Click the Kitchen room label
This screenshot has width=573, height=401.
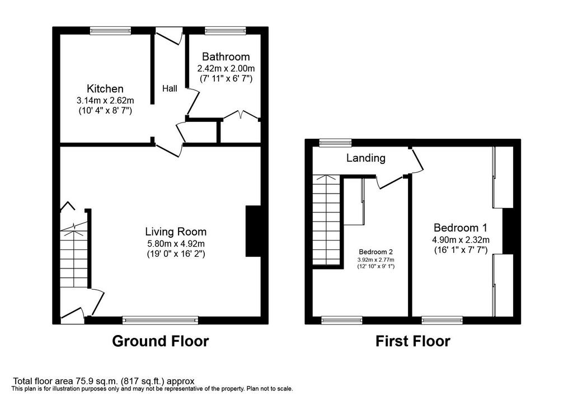pyautogui.click(x=105, y=89)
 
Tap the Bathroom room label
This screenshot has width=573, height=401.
pyautogui.click(x=226, y=56)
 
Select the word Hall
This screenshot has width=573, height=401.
pyautogui.click(x=170, y=88)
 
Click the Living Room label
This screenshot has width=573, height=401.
pyautogui.click(x=176, y=232)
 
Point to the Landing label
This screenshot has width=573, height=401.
pyautogui.click(x=366, y=158)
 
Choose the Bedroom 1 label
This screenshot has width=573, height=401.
pyautogui.click(x=461, y=228)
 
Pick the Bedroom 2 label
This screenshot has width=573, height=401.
pyautogui.click(x=375, y=252)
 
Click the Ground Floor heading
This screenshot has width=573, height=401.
pyautogui.click(x=161, y=341)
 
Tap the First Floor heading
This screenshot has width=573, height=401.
pyautogui.click(x=413, y=341)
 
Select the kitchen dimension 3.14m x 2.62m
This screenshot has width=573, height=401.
pyautogui.click(x=105, y=100)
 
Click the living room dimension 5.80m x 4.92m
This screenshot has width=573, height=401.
pyautogui.click(x=176, y=243)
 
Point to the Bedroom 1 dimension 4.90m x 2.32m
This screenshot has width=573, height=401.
pyautogui.click(x=461, y=240)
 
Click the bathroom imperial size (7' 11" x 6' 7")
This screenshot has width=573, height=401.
pyautogui.click(x=226, y=78)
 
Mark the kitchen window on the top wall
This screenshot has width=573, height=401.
pyautogui.click(x=111, y=31)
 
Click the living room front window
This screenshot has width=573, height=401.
pyautogui.click(x=161, y=320)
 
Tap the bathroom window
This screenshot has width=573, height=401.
pyautogui.click(x=226, y=31)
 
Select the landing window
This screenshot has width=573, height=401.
pyautogui.click(x=335, y=143)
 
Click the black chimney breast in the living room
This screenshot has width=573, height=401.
pyautogui.click(x=253, y=232)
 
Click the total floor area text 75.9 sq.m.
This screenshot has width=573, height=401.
pyautogui.click(x=104, y=381)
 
